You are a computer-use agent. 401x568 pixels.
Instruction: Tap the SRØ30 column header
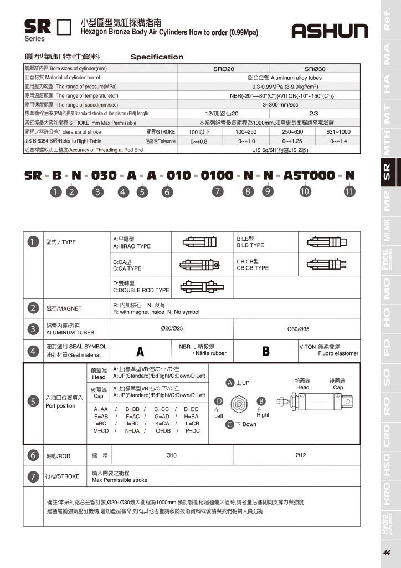click(315, 69)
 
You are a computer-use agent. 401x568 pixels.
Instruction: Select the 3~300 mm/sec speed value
click(280, 104)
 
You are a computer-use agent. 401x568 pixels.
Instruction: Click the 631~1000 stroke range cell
click(338, 132)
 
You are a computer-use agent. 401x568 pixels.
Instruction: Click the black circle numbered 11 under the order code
click(349, 192)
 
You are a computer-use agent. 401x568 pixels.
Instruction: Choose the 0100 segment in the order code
click(217, 175)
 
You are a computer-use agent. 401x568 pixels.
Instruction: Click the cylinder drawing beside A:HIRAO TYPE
click(202, 242)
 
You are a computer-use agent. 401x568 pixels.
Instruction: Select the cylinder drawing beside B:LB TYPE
click(327, 242)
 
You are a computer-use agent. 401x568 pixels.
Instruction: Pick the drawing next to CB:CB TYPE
click(327, 264)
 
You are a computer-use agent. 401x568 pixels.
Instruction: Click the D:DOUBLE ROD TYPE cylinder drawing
click(203, 287)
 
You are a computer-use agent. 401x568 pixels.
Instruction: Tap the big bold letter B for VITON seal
click(266, 351)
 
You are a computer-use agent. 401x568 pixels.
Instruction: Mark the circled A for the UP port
click(229, 383)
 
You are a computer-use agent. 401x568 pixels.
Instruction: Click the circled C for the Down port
click(229, 424)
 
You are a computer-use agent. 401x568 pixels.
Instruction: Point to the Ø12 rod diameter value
click(300, 455)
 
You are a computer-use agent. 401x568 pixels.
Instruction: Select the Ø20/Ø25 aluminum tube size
click(172, 328)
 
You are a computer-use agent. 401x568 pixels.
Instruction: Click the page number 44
click(386, 552)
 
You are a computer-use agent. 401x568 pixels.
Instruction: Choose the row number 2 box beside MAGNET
click(33, 308)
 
